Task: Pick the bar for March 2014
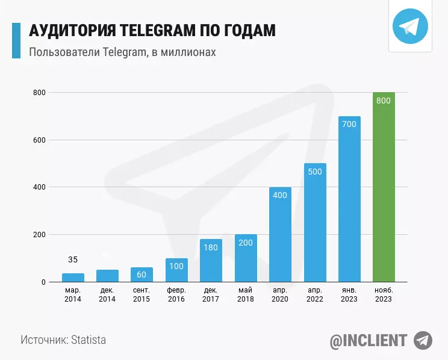[x=73, y=278]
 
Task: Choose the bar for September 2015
[x=142, y=275]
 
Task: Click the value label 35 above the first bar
[x=73, y=260]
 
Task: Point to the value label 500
[x=315, y=172]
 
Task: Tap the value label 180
[x=211, y=247]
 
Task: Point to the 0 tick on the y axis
[x=43, y=282]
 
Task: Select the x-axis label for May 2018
[x=246, y=295]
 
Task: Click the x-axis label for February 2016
[x=176, y=295]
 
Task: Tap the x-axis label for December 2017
[x=211, y=295]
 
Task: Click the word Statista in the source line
[x=89, y=340]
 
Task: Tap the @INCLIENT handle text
[x=368, y=340]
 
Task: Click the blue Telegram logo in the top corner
[x=410, y=26]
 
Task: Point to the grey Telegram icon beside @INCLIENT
[x=423, y=340]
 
